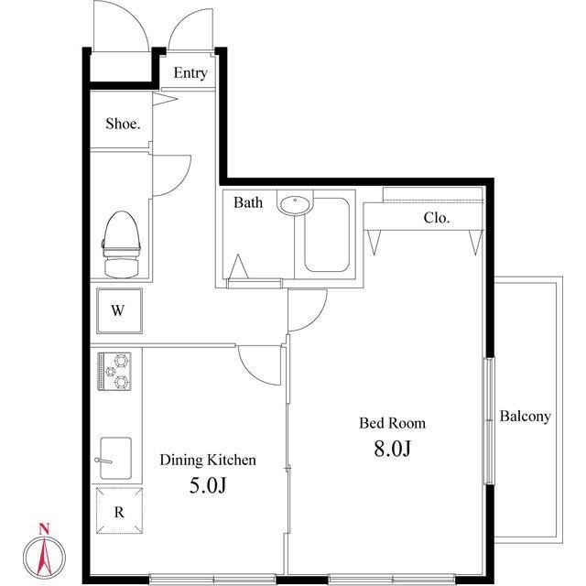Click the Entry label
coord(190,73)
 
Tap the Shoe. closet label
coord(123,124)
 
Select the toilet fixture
coord(121,244)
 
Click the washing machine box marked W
coord(119,310)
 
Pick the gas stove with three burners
coord(114,371)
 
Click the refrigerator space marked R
coord(119,511)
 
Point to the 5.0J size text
coord(208,485)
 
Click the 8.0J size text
coord(393,449)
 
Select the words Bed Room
coord(393,423)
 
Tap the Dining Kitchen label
coord(208,460)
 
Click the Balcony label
coord(525,417)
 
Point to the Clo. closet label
coord(436,218)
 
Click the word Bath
coord(248,202)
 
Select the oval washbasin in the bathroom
coord(295,204)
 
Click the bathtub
coord(327,234)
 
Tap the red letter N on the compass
coord(44,529)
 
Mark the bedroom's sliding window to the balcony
coord(489,421)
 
